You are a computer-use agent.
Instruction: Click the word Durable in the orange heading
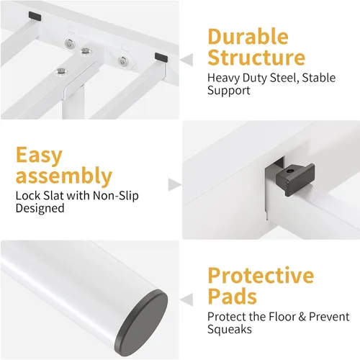pos(248,37)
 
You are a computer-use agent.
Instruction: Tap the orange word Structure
pos(256,58)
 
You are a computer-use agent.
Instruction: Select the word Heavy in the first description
pos(223,78)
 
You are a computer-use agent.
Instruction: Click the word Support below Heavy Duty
pos(229,91)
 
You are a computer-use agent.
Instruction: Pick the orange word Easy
pos(39,156)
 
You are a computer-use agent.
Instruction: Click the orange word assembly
pos(64,176)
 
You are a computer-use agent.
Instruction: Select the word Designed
pos(40,208)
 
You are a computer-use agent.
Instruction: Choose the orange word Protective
pos(261,276)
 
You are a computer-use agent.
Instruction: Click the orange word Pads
pos(233,296)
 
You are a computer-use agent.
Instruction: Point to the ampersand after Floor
pos(302,317)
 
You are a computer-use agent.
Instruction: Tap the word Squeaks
pos(230,329)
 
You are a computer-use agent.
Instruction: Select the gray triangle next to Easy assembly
pos(175,185)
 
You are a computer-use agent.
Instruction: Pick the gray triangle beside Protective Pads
pos(186,300)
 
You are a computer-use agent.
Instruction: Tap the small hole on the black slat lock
pos(290,171)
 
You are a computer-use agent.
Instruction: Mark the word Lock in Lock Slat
pos(28,196)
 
